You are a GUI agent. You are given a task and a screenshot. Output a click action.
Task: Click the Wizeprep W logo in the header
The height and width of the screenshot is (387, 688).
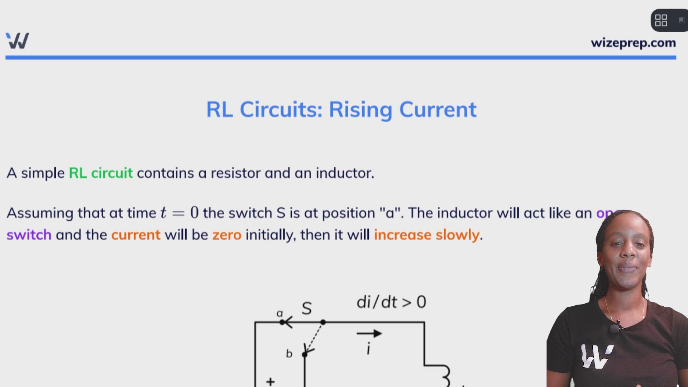18,41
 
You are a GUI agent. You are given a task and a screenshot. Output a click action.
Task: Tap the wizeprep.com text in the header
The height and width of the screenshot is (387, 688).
633,43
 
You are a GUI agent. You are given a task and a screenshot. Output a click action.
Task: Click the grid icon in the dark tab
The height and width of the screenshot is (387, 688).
661,20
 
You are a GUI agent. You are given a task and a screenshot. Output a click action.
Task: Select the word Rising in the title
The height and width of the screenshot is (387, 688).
360,110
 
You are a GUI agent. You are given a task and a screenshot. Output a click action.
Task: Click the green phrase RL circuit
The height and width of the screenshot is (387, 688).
101,173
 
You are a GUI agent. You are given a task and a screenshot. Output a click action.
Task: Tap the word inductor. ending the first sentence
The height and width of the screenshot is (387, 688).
345,173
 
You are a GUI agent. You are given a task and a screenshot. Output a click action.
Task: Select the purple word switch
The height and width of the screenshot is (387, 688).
29,235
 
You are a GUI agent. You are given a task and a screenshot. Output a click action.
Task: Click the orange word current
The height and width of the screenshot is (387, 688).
136,235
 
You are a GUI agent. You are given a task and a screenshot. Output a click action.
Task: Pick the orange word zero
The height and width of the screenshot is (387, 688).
227,235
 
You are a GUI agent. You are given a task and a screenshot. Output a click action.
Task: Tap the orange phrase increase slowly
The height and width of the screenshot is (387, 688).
427,235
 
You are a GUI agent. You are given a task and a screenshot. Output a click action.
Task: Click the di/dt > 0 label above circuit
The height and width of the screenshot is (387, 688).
391,302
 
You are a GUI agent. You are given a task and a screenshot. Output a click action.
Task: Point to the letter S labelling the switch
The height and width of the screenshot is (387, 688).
307,309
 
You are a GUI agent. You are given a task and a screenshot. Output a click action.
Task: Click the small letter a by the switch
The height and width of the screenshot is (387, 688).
279,314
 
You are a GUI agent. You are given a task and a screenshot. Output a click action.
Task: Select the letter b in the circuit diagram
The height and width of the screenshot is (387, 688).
289,354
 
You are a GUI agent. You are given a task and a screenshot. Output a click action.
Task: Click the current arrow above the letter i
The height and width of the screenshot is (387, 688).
369,334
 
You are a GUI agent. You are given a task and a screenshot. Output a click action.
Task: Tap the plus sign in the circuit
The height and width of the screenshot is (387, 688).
271,381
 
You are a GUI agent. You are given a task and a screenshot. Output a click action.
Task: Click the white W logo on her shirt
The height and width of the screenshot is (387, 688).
596,356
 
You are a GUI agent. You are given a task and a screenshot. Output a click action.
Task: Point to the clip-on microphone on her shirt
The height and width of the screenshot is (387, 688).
614,328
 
